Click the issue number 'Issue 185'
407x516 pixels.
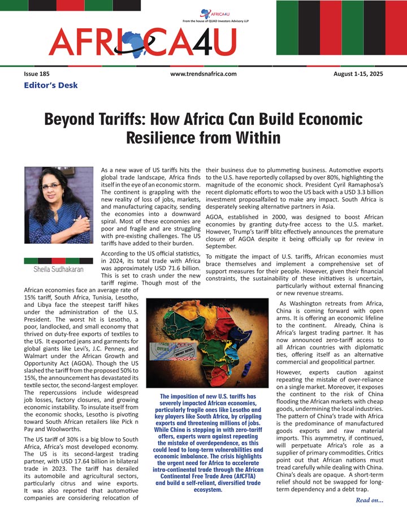[x=37, y=74]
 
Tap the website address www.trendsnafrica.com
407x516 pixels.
[x=203, y=74]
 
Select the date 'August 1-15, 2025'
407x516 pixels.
[x=357, y=74]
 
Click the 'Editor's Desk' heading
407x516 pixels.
[x=51, y=85]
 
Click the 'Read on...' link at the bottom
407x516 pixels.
[x=370, y=500]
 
